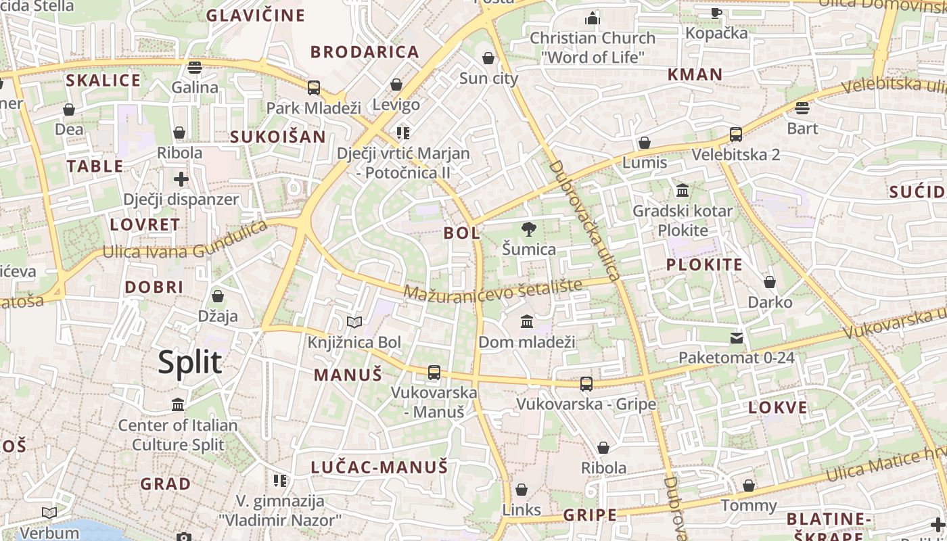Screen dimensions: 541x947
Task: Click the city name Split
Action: [x=189, y=362]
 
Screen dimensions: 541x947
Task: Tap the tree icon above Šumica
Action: [x=529, y=229]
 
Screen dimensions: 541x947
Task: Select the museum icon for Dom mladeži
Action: [x=527, y=321]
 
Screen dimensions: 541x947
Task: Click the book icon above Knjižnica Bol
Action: [x=354, y=322]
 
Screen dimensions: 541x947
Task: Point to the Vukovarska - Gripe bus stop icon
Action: [x=586, y=384]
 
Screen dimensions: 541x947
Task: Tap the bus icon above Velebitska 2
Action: [x=735, y=135]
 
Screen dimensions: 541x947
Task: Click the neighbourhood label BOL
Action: [x=462, y=233]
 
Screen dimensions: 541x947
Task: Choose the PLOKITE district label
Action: [x=704, y=264]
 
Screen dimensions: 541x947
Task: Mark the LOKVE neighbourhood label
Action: [x=778, y=407]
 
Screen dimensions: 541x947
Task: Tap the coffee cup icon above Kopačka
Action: [x=716, y=12]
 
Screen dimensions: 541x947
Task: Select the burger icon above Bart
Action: [x=802, y=108]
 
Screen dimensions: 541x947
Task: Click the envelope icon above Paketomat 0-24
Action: [x=737, y=337]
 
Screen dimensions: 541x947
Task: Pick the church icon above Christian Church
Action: [x=593, y=18]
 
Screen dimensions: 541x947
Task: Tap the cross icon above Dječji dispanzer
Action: [x=181, y=179]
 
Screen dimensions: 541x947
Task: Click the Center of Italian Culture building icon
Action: [x=178, y=404]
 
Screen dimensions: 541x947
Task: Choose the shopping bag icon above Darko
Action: [x=769, y=282]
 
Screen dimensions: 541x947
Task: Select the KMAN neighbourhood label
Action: [x=695, y=74]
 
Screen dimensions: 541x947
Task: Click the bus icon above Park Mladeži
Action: [x=313, y=87]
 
